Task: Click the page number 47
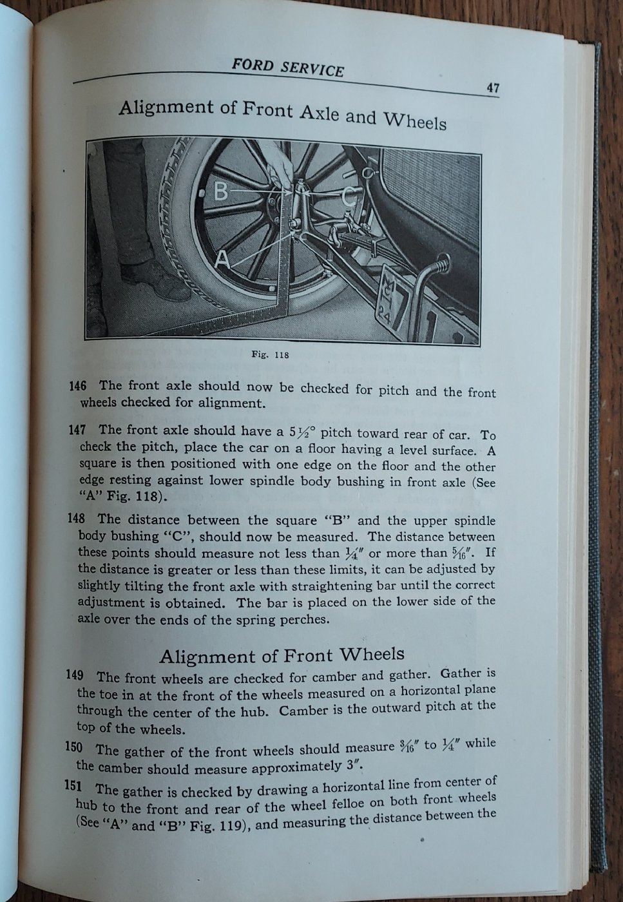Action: [x=492, y=88]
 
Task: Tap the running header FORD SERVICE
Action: [x=287, y=68]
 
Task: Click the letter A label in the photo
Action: [x=222, y=259]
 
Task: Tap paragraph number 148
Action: [x=77, y=519]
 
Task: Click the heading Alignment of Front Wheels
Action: [x=282, y=655]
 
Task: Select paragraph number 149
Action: [x=75, y=675]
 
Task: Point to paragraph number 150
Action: [x=75, y=747]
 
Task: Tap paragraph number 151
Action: [x=75, y=787]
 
